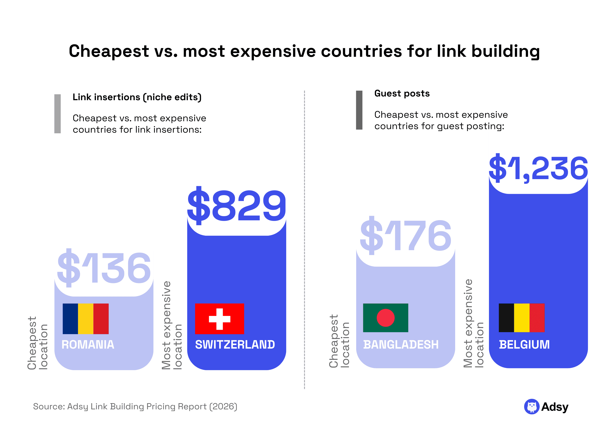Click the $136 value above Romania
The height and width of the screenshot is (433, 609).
(104, 268)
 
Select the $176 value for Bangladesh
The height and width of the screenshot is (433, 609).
(405, 236)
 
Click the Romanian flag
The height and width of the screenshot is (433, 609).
(85, 319)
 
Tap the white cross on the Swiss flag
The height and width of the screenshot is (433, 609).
(219, 319)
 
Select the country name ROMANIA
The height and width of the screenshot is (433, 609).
(88, 344)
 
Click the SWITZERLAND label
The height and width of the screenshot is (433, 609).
(235, 344)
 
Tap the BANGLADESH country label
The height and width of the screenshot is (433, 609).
(401, 344)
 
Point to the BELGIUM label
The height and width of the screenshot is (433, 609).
(524, 344)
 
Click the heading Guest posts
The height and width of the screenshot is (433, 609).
(402, 93)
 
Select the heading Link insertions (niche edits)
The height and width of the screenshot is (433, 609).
(137, 97)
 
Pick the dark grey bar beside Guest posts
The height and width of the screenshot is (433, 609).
(359, 110)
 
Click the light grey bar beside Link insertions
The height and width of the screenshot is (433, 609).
(57, 114)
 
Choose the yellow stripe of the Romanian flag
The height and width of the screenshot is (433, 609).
(85, 319)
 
